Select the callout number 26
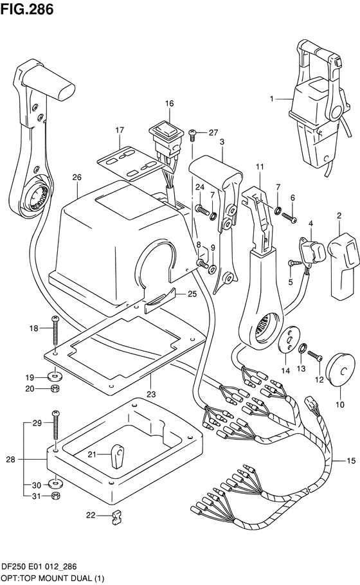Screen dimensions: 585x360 click(76, 177)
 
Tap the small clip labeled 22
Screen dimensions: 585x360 click(116, 515)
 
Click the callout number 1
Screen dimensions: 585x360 click(271, 99)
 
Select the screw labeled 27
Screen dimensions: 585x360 click(192, 133)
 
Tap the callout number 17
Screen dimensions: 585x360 click(120, 130)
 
